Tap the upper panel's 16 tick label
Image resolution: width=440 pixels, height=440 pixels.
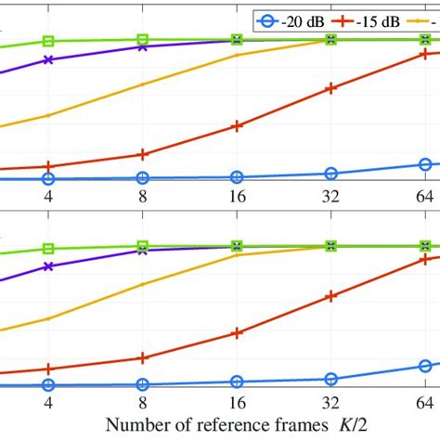[x=237, y=197]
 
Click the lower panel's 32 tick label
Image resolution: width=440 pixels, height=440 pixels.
[x=330, y=403]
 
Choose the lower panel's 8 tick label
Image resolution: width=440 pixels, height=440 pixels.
[x=142, y=403]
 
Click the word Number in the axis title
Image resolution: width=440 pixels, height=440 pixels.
[x=136, y=425]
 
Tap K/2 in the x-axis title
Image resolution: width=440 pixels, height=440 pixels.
[x=359, y=425]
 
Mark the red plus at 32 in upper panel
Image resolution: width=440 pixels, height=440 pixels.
[x=330, y=89]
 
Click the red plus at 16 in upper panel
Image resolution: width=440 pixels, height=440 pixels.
[x=237, y=125]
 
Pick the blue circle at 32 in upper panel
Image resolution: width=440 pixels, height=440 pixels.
[x=330, y=174]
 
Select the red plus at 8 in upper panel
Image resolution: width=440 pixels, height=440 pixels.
[x=142, y=155]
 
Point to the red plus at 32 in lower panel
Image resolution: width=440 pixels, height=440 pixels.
[x=330, y=296]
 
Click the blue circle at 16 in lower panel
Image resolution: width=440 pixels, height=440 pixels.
[x=237, y=382]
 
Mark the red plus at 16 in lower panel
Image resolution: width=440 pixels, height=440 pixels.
[x=237, y=332]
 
